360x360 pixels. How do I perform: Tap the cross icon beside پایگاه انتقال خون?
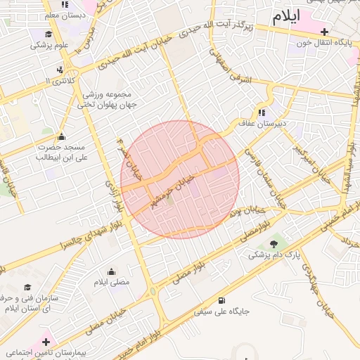[x=324, y=32]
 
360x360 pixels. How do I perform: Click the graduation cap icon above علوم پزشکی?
[x=49, y=34]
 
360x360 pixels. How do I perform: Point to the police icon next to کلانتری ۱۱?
[x=60, y=70]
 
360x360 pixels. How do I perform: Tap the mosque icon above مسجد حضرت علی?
[x=61, y=136]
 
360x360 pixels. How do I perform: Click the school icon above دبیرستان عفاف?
[x=262, y=112]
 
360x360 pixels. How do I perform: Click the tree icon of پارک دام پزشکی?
[x=274, y=244]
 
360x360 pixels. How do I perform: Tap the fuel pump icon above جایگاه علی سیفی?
[x=222, y=300]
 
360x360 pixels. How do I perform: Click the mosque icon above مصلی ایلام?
[x=112, y=271]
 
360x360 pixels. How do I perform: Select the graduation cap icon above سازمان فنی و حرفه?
[x=27, y=288]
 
